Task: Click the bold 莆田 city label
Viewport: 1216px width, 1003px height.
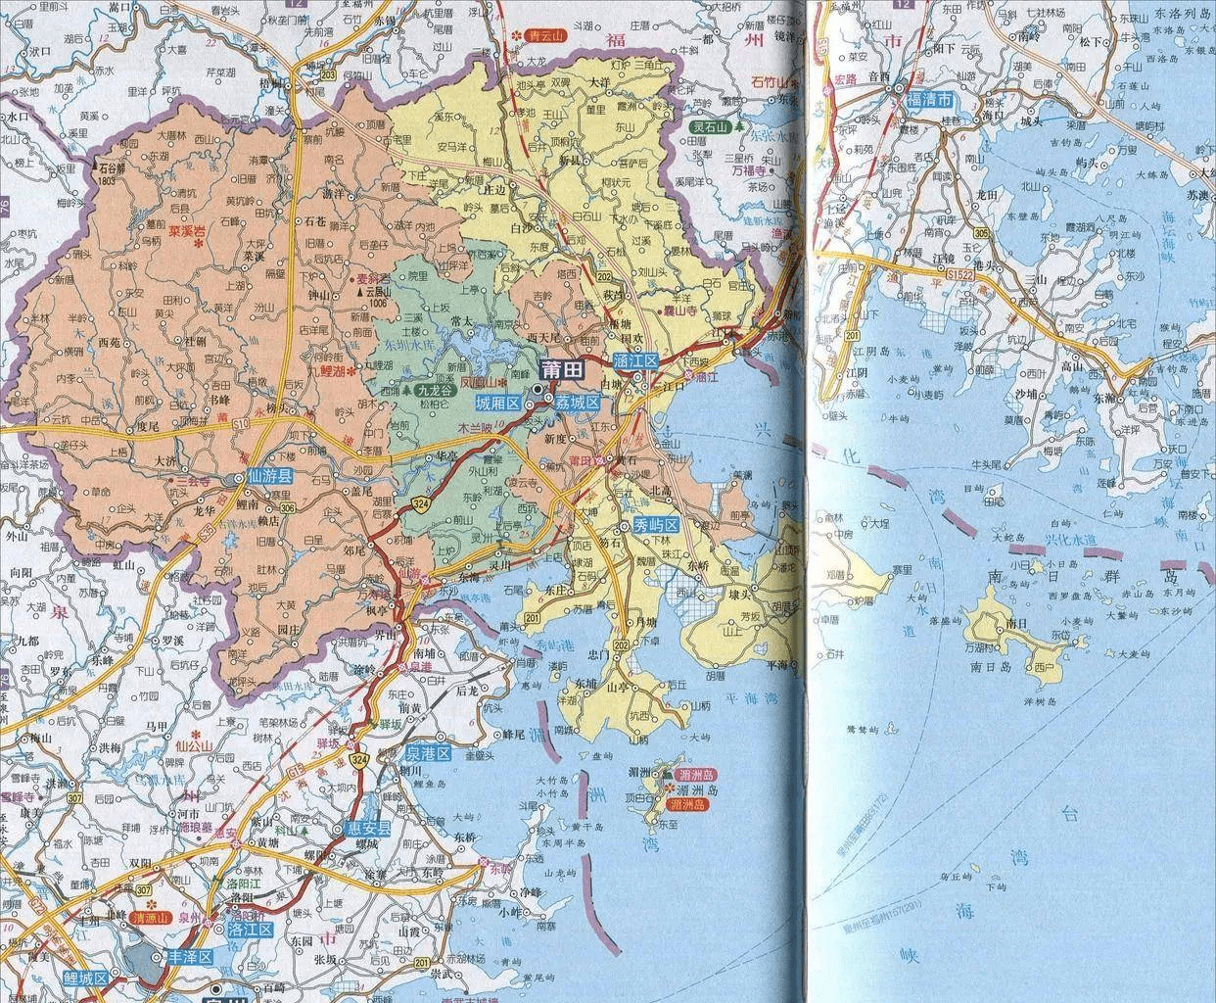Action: (566, 368)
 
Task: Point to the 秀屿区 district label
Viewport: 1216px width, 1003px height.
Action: (656, 523)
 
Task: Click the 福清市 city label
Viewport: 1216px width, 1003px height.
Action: (929, 101)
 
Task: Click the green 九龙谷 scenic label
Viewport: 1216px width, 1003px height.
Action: (435, 390)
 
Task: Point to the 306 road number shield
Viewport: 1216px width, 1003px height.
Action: (287, 507)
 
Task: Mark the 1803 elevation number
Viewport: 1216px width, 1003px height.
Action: (108, 181)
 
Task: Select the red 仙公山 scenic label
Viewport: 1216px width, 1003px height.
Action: (193, 746)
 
